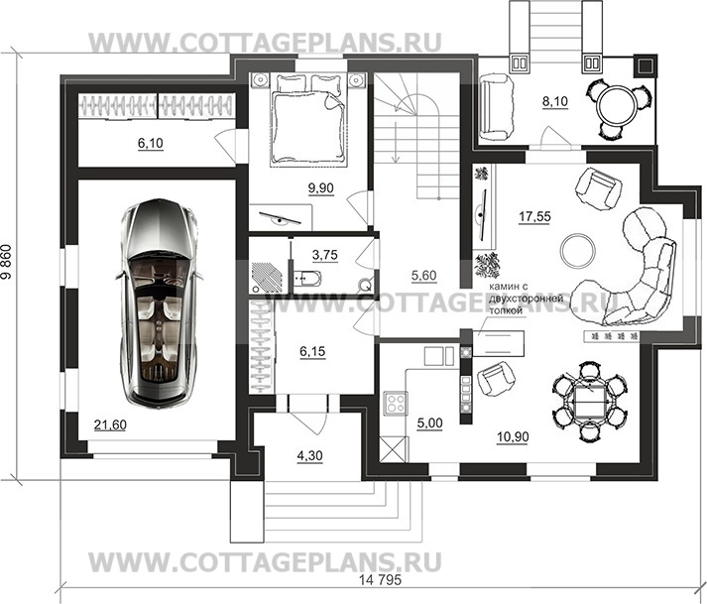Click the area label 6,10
click(x=151, y=144)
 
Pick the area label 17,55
click(x=535, y=211)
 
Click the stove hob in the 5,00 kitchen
click(x=394, y=403)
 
